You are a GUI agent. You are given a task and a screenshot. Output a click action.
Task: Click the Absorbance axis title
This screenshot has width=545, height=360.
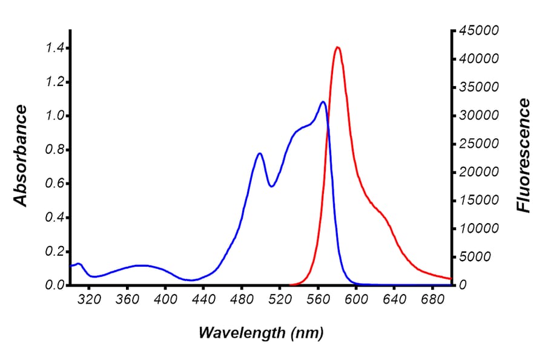coord(21,156)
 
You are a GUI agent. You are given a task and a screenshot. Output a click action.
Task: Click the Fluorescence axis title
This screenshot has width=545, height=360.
coord(523,156)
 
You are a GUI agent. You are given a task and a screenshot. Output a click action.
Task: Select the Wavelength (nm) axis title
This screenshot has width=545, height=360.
coord(261,332)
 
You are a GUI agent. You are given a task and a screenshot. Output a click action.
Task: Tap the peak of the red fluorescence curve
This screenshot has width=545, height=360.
coord(337,47)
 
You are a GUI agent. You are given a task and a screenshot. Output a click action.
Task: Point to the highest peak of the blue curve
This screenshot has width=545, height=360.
coord(323,102)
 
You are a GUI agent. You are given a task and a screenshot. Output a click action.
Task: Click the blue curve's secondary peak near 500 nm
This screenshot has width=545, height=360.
coord(260,153)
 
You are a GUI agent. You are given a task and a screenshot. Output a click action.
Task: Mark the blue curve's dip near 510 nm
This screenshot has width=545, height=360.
coord(271,186)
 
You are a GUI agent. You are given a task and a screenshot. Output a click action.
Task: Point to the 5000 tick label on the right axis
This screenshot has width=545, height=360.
coord(472,257)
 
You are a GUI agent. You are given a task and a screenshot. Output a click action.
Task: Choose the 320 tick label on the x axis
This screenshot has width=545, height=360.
coord(89,299)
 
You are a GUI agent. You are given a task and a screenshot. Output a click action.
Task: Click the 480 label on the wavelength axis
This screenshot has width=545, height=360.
coord(242,299)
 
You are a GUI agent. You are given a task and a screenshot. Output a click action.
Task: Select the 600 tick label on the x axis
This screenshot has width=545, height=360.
coord(356,299)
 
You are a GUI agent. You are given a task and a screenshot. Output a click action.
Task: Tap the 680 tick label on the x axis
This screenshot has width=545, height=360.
coord(432,299)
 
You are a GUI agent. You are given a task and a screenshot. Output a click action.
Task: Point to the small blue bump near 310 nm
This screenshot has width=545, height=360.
coord(78,264)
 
